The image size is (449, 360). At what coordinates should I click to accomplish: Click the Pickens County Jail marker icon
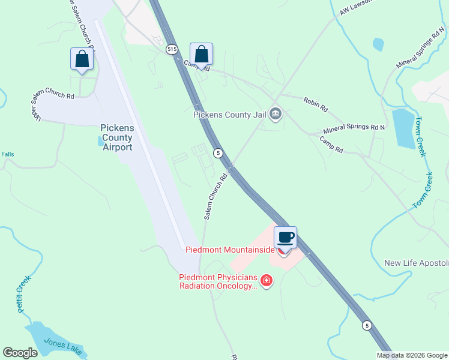(x=276, y=113)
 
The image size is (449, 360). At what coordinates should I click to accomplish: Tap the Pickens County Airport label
(x=116, y=137)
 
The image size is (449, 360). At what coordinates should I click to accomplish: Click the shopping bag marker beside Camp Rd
(x=202, y=55)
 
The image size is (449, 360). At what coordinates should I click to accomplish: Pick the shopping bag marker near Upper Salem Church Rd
(x=82, y=59)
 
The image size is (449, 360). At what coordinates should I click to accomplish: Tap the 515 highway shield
(x=172, y=50)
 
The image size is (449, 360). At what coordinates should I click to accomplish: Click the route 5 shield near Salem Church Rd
(x=218, y=153)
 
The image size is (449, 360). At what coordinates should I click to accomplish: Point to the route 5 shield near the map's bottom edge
(x=366, y=325)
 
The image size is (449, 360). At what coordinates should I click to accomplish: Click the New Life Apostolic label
(x=416, y=263)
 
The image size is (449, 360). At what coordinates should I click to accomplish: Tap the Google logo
(x=20, y=353)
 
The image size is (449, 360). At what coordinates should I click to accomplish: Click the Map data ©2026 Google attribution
(x=412, y=355)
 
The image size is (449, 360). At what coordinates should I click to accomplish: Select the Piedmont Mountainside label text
(x=230, y=250)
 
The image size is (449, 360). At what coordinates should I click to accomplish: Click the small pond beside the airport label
(x=100, y=141)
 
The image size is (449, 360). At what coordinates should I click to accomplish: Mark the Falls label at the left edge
(x=7, y=154)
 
